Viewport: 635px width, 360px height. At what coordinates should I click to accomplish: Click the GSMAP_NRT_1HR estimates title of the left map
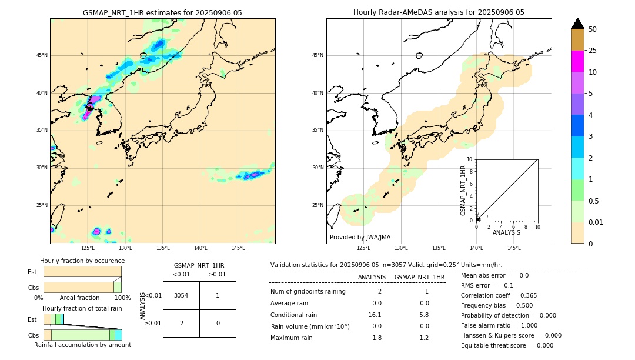(162, 12)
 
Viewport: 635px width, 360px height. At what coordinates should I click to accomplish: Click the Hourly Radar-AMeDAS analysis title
(439, 12)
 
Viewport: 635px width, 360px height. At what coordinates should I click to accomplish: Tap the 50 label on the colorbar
(593, 29)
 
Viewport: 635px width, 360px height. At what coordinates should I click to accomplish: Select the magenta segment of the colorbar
(577, 61)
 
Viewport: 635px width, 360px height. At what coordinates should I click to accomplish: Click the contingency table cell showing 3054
(181, 295)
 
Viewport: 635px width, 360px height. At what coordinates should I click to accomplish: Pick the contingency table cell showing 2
(181, 323)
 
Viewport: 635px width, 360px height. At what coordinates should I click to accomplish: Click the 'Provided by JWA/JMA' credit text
(360, 237)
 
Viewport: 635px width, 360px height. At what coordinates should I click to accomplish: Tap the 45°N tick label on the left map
(42, 55)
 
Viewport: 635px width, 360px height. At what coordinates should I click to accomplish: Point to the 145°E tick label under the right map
(514, 248)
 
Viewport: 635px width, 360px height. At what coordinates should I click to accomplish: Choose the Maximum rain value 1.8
(377, 338)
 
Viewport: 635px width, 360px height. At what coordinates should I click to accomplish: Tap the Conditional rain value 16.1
(375, 315)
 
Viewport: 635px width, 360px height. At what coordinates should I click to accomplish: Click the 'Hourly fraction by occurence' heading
(82, 261)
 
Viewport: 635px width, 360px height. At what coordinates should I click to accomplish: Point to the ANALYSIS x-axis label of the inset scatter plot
(506, 232)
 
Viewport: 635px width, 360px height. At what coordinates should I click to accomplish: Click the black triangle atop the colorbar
(577, 24)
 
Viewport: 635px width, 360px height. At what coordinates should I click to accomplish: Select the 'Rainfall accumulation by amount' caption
(82, 345)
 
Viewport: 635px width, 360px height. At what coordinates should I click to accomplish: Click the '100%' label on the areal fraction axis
(122, 298)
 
